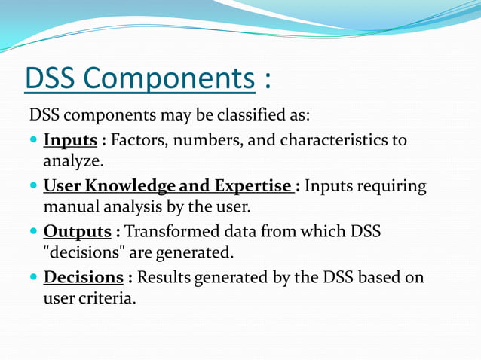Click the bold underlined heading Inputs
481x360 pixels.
69,141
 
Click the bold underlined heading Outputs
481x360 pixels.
77,232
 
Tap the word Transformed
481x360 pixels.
167,232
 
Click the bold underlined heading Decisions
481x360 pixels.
83,278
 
